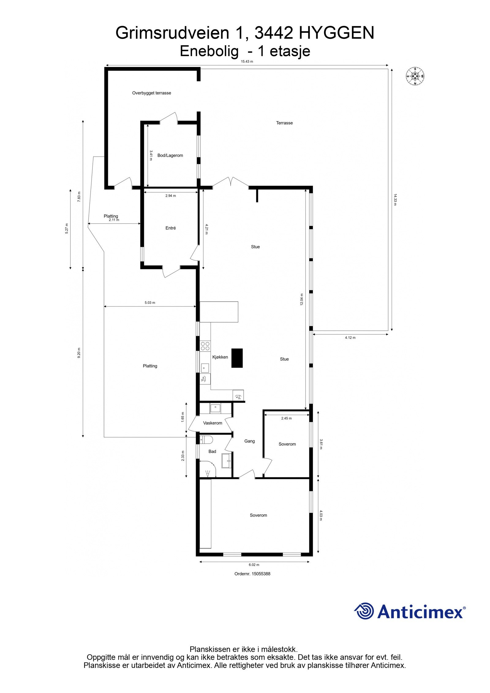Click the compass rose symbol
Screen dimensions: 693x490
pyautogui.click(x=415, y=76)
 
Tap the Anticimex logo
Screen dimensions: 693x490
pyautogui.click(x=410, y=612)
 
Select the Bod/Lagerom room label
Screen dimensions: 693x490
pyautogui.click(x=170, y=155)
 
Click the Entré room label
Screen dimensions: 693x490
pyautogui.click(x=171, y=228)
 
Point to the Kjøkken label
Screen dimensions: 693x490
pyautogui.click(x=220, y=357)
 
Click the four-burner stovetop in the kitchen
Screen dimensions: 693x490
pyautogui.click(x=205, y=346)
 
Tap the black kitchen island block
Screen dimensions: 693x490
pyautogui.click(x=237, y=358)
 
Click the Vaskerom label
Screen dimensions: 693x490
pyautogui.click(x=213, y=423)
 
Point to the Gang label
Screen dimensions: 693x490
pyautogui.click(x=249, y=441)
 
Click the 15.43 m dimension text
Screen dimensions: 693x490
pyautogui.click(x=247, y=61)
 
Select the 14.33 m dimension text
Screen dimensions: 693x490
pyautogui.click(x=395, y=199)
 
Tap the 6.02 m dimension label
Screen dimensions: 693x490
pyautogui.click(x=254, y=565)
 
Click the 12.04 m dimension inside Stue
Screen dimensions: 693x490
pyautogui.click(x=301, y=299)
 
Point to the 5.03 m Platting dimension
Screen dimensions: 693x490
pyautogui.click(x=150, y=303)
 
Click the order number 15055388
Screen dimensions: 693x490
pyautogui.click(x=252, y=574)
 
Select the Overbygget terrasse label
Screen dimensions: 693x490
pyautogui.click(x=152, y=93)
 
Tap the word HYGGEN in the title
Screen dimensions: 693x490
pyautogui.click(x=336, y=33)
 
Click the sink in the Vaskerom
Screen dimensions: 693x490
pyautogui.click(x=215, y=408)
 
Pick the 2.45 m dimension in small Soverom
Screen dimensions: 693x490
pyautogui.click(x=286, y=418)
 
